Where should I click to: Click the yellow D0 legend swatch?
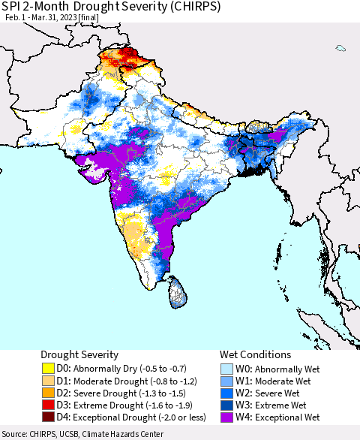[x=48, y=368]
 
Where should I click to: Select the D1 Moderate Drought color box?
[x=48, y=381]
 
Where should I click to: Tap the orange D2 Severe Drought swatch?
[x=48, y=394]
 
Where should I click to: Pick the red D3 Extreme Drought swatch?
[x=48, y=407]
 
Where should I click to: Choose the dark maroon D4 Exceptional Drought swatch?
[x=48, y=420]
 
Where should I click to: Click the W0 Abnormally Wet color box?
[x=226, y=368]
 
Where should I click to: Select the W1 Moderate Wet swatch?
[x=226, y=381]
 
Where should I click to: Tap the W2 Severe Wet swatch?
[x=226, y=394]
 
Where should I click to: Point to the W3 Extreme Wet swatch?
[x=226, y=407]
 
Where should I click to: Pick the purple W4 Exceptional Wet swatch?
[x=226, y=420]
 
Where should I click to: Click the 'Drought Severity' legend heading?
[x=79, y=354]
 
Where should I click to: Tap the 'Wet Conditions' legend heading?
[x=255, y=354]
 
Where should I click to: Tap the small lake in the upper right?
[x=341, y=49]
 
